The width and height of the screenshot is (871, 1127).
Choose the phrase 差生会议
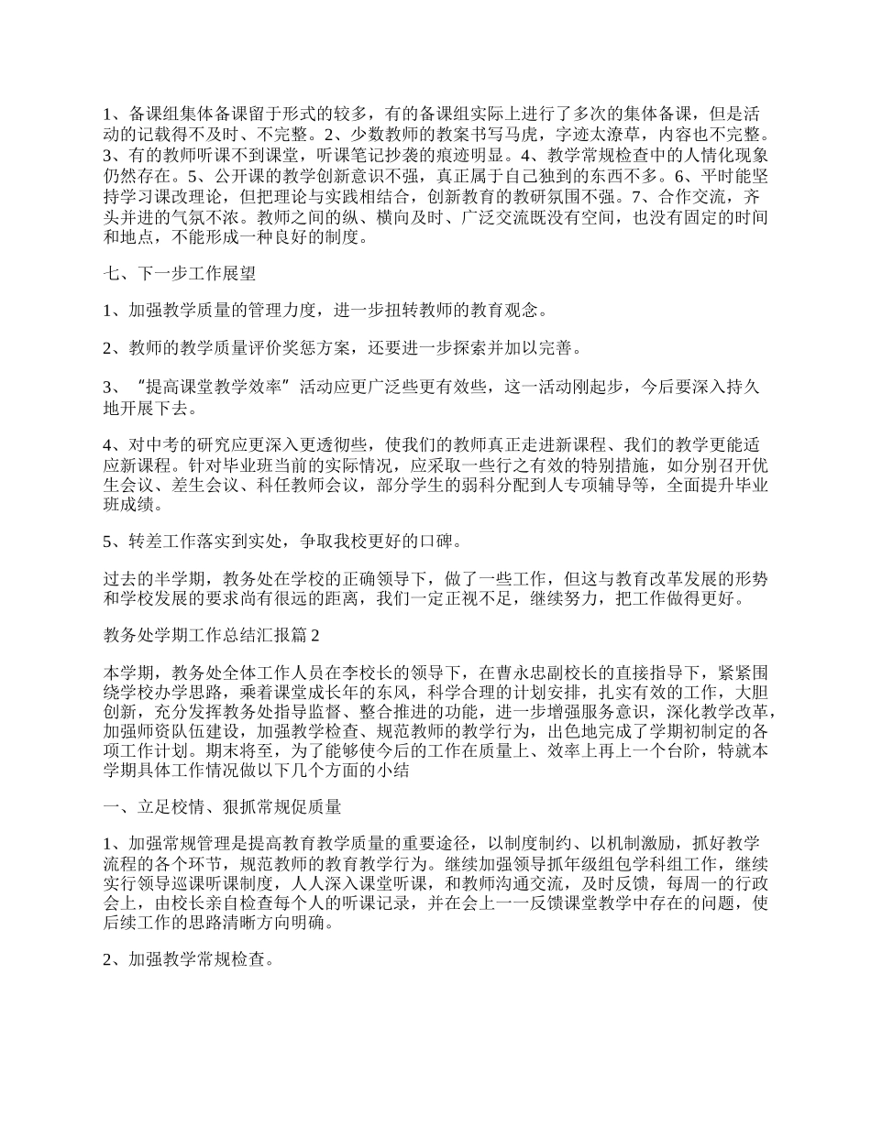187,484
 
